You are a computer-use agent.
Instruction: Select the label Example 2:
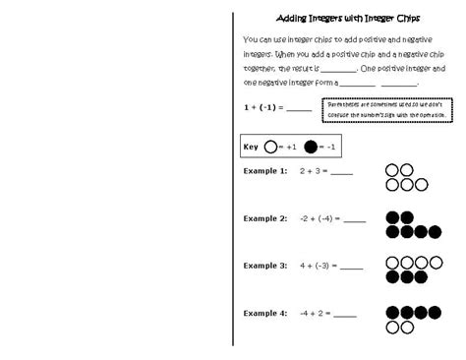(x=264, y=218)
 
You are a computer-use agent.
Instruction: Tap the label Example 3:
(x=264, y=266)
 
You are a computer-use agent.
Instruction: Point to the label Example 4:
(x=264, y=313)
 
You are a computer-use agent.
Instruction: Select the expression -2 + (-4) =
(x=323, y=218)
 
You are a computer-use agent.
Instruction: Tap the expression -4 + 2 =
(x=315, y=313)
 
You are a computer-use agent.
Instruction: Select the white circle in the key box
(x=270, y=147)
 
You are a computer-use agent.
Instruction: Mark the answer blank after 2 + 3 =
(x=341, y=173)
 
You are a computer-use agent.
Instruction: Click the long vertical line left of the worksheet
(x=233, y=177)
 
